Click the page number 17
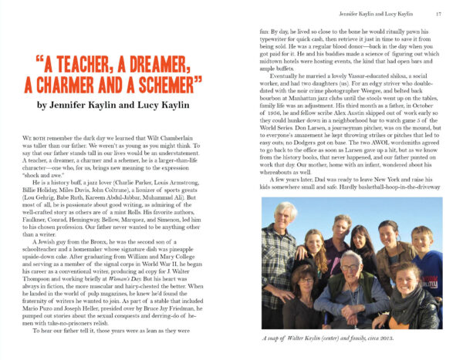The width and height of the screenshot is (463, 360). (x=438, y=13)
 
